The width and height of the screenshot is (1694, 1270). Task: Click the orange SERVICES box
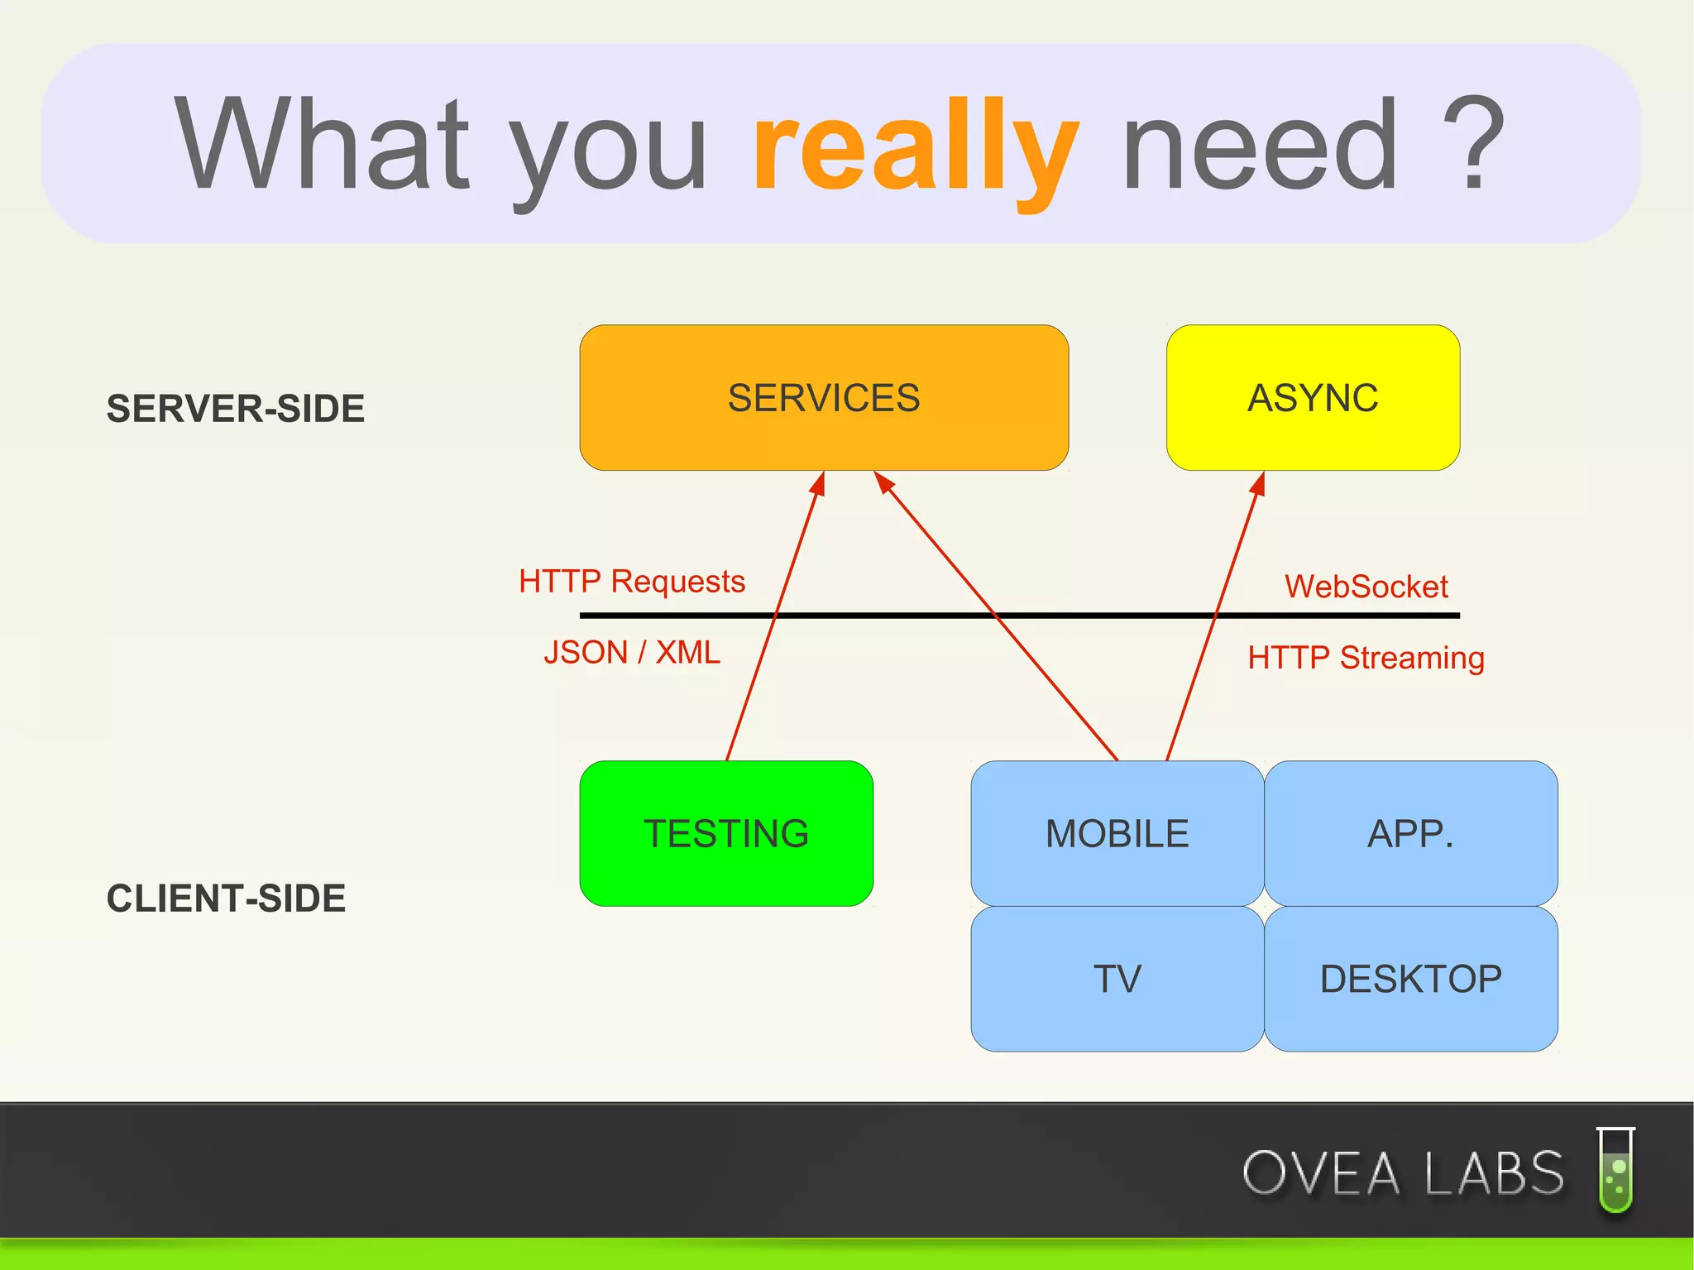pos(824,398)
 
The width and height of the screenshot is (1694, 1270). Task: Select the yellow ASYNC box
pos(1313,398)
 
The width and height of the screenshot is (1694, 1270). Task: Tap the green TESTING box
pos(726,833)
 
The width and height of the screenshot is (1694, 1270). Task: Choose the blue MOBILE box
pos(1117,833)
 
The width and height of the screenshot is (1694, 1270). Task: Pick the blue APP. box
pos(1410,833)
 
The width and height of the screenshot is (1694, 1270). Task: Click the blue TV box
pos(1117,979)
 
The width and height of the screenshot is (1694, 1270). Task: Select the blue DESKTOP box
pos(1410,979)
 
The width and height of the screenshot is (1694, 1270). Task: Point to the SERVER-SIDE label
pos(236,409)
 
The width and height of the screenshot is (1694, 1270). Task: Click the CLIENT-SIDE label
pos(226,899)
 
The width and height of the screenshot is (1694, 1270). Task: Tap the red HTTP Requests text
pos(632,582)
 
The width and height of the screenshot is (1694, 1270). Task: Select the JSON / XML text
pos(632,653)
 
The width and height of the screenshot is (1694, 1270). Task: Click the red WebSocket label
pos(1366,587)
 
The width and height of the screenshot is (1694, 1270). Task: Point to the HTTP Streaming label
pos(1366,658)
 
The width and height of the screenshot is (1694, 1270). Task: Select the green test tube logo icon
pos(1615,1170)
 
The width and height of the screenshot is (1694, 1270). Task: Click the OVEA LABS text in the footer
pos(1403,1173)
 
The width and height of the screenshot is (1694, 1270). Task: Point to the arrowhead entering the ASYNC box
pos(1259,483)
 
